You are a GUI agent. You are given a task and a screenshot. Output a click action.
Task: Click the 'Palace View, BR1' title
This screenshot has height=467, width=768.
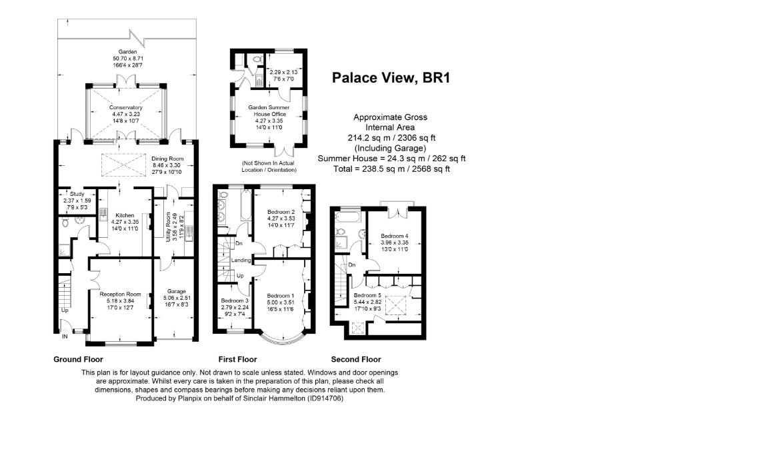click(x=391, y=79)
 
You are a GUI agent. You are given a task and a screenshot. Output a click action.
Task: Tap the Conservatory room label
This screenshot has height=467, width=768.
click(x=126, y=108)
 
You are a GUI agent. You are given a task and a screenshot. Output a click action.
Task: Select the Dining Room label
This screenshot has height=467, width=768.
click(x=167, y=159)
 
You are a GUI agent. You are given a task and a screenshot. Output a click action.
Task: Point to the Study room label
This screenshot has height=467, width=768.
click(x=77, y=194)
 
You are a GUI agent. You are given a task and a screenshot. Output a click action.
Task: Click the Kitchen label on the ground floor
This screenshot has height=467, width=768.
click(x=125, y=215)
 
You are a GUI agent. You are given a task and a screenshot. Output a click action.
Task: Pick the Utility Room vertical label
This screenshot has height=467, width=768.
click(x=169, y=227)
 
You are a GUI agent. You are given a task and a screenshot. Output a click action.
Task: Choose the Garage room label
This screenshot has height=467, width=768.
click(x=177, y=291)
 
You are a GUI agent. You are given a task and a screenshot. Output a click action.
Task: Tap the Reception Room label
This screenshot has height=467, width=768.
click(x=121, y=294)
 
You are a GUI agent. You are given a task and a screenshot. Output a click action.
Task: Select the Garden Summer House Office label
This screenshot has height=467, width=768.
click(x=269, y=111)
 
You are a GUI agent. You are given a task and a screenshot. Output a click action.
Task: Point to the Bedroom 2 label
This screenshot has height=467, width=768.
click(x=281, y=212)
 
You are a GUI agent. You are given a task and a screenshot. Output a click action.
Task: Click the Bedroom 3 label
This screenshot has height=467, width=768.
click(x=235, y=300)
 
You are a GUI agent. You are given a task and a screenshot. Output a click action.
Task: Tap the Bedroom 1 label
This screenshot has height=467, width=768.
click(x=281, y=296)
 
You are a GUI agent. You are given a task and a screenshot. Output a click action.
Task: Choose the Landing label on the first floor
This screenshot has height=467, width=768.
click(x=241, y=260)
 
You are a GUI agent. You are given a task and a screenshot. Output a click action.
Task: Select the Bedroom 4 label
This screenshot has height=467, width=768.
click(x=395, y=236)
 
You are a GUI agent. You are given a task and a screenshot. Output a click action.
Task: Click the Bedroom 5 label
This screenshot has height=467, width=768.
click(x=367, y=295)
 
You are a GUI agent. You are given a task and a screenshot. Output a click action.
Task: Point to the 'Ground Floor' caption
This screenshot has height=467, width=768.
click(x=79, y=359)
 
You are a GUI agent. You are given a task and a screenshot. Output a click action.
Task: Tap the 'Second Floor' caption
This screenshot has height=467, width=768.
click(x=356, y=359)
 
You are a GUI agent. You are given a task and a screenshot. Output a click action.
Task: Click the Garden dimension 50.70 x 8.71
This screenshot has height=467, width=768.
click(x=128, y=58)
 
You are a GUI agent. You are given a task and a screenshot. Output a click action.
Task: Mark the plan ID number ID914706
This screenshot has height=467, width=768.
click(x=325, y=398)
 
